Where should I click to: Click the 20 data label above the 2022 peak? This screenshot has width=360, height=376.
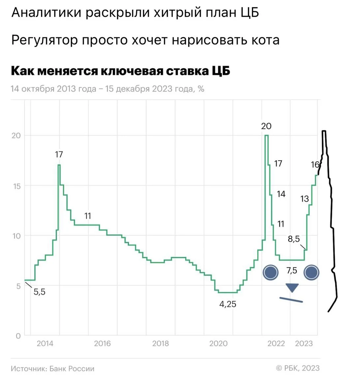[x=266, y=126]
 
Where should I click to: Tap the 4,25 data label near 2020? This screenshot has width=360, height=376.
[x=228, y=304]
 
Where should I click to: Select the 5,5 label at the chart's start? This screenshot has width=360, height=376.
[x=39, y=292]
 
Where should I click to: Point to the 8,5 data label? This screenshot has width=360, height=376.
[x=294, y=239]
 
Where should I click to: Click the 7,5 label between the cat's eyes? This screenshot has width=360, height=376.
[x=292, y=270]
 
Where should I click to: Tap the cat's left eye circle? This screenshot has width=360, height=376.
[x=271, y=272]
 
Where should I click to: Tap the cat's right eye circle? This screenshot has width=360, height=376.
[x=311, y=272]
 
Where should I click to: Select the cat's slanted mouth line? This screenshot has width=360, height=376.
[x=291, y=300]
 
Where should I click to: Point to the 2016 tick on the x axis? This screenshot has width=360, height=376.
[x=102, y=344]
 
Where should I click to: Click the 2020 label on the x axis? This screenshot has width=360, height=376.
[x=218, y=344]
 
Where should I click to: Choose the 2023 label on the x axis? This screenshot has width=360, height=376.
[x=304, y=344]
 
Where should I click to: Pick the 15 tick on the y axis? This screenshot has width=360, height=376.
[x=17, y=186]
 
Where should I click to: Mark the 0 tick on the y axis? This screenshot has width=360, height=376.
[x=18, y=336]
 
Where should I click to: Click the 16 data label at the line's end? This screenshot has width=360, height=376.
[x=315, y=165]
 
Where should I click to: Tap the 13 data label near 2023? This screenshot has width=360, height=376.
[x=305, y=199]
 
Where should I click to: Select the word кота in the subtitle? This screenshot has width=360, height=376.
[x=265, y=40]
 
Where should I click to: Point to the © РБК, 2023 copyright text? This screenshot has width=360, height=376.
[x=298, y=368]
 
